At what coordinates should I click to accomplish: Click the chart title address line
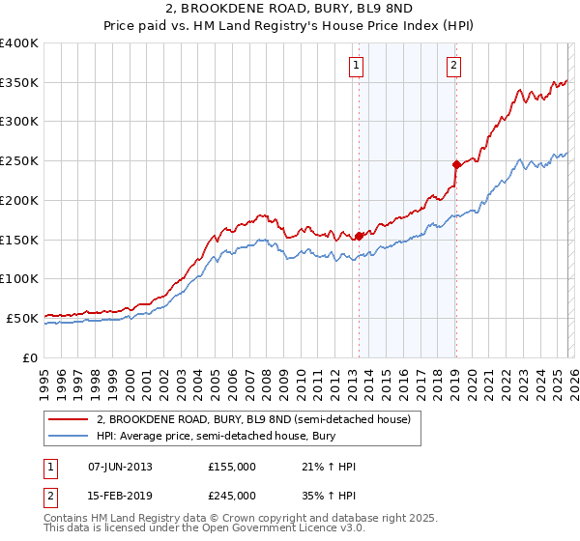click(x=289, y=10)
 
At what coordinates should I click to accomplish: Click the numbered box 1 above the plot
click(x=357, y=66)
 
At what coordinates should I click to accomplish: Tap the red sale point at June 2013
click(x=360, y=235)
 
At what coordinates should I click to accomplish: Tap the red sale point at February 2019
click(x=455, y=164)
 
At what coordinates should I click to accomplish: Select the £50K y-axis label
click(x=22, y=318)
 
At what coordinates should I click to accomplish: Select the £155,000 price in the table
click(x=232, y=467)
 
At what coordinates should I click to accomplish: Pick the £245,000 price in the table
click(x=232, y=495)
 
